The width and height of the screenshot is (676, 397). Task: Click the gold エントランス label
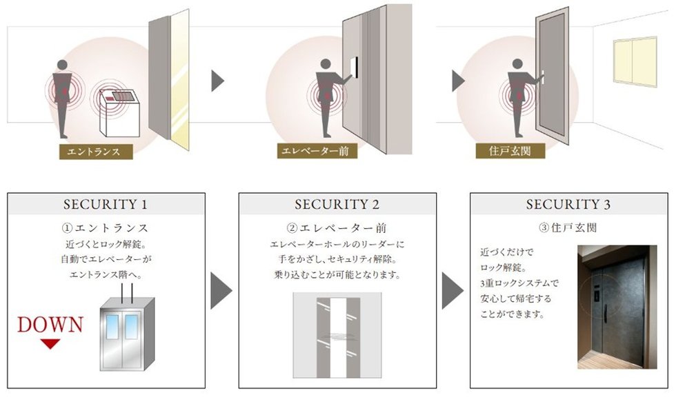click(x=96, y=152)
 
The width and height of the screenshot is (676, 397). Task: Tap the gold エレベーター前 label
click(x=317, y=151)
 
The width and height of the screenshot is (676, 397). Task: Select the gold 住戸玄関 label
click(x=510, y=151)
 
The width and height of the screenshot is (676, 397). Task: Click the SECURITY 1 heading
click(x=106, y=204)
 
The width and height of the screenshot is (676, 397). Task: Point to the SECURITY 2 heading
click(x=337, y=204)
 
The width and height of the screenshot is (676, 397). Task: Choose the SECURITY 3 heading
click(x=568, y=204)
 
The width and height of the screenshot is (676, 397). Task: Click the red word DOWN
click(x=50, y=325)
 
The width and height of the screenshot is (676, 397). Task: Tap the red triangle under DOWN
click(x=50, y=344)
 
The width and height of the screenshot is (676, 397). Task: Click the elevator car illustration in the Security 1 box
click(x=127, y=334)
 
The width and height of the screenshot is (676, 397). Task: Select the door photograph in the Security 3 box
click(x=617, y=307)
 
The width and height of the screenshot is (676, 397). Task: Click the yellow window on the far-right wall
click(x=635, y=62)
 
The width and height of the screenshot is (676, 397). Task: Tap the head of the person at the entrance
click(x=63, y=65)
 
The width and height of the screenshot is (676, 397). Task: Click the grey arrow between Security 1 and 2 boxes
click(x=221, y=290)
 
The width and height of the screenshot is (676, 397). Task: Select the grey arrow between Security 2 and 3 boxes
click(x=453, y=290)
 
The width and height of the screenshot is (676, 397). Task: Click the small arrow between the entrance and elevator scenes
click(x=218, y=81)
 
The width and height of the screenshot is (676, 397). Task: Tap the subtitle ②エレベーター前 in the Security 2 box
click(x=337, y=227)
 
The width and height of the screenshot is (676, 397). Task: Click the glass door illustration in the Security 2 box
click(x=337, y=336)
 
